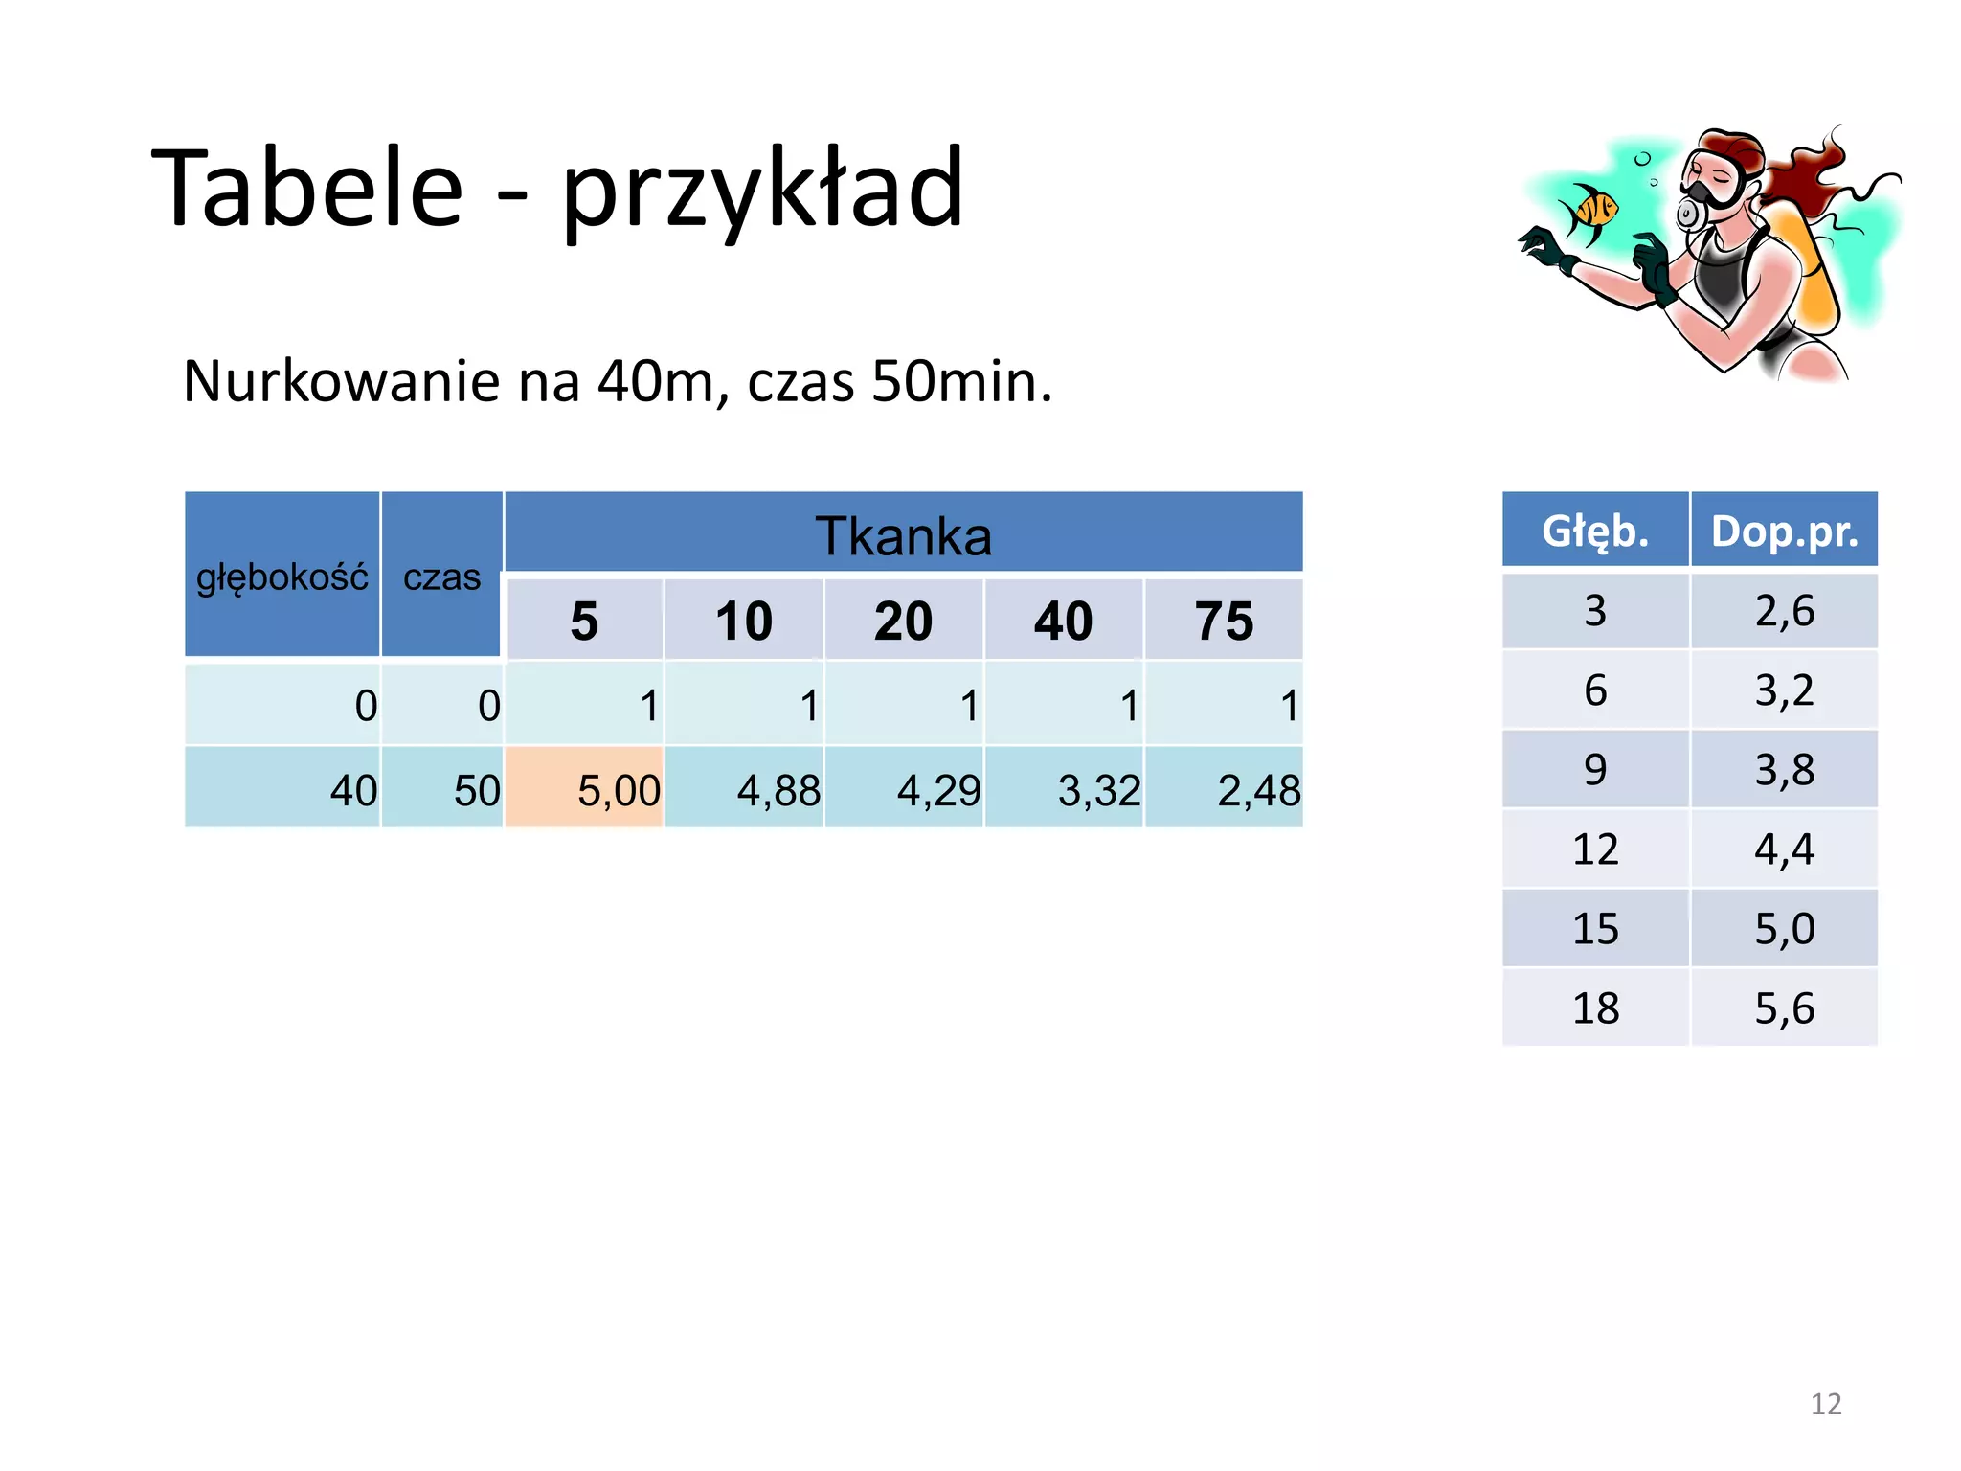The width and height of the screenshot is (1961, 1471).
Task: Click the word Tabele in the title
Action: (x=307, y=189)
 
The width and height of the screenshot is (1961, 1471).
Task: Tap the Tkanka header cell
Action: (x=903, y=534)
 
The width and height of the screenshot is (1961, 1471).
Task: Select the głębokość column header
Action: (x=282, y=577)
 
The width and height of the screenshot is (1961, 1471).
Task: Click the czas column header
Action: (x=441, y=577)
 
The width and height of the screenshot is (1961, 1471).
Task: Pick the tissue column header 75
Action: (x=1224, y=621)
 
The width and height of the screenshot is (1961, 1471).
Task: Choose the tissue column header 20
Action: (x=903, y=621)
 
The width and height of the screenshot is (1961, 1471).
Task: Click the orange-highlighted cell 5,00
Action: (x=584, y=789)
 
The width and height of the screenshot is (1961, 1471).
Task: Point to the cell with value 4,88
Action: (x=744, y=789)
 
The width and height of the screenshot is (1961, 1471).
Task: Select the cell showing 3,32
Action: (x=1064, y=789)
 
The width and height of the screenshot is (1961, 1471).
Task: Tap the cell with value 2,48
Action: (x=1224, y=789)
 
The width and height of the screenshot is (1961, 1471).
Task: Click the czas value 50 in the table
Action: (x=442, y=789)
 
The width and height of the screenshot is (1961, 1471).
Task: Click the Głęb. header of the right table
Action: (x=1595, y=531)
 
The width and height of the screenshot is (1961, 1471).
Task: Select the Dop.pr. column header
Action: (x=1784, y=531)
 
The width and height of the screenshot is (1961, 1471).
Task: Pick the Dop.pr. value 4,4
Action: (x=1784, y=849)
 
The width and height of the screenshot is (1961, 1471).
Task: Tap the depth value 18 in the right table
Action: (x=1595, y=1007)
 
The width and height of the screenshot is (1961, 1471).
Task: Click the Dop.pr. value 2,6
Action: (x=1784, y=610)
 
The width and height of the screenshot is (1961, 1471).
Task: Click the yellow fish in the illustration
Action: (x=1589, y=211)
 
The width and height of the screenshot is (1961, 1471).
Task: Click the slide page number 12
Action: (x=1826, y=1403)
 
